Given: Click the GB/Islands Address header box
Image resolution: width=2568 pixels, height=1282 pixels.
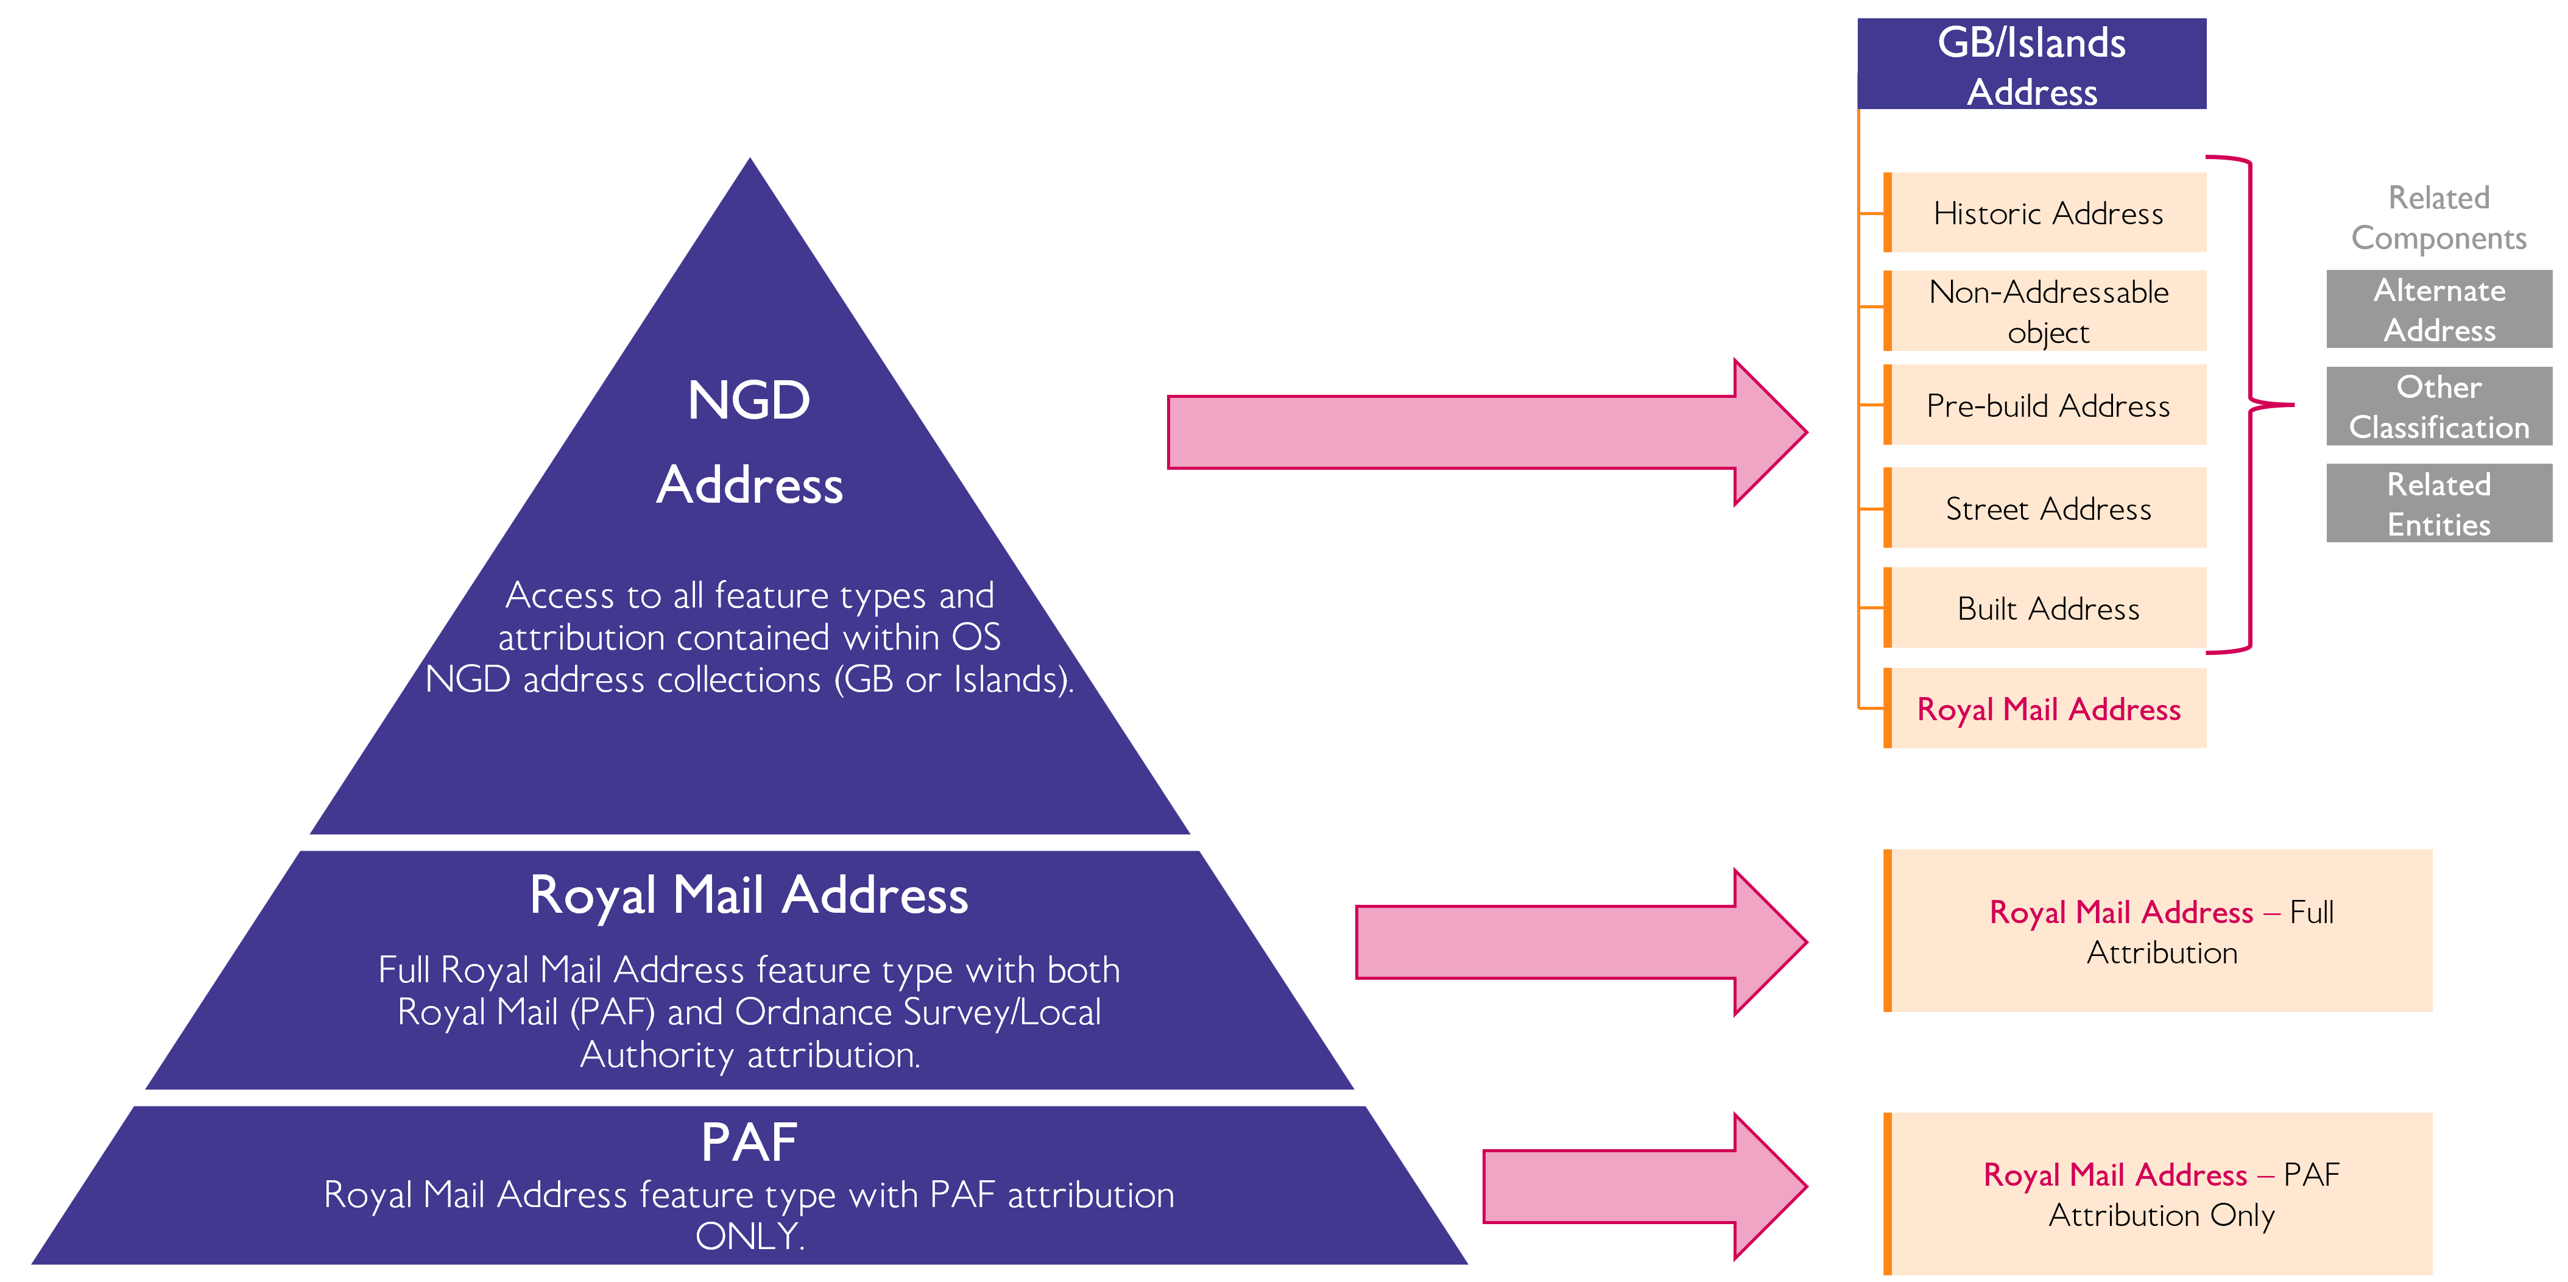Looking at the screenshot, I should tap(2031, 65).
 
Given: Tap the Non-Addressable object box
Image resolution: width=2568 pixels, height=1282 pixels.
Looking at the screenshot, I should tap(2047, 311).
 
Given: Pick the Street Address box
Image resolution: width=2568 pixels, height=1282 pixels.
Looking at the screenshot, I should tap(2047, 508).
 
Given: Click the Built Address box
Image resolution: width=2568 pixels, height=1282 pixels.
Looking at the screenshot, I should tap(2047, 608).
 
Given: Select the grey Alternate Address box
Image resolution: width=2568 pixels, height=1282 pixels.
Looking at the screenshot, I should tap(2438, 309).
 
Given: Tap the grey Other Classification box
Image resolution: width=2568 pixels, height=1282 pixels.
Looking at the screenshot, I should tap(2438, 406).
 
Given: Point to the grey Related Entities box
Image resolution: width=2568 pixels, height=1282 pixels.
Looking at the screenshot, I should tap(2438, 503).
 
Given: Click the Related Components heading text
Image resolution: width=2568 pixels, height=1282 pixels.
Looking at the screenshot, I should tap(2438, 218).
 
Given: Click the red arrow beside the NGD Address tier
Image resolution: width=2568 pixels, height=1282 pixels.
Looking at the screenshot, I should tap(1486, 431).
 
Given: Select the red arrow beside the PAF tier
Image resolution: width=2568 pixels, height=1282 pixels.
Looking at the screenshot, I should tap(1645, 1186).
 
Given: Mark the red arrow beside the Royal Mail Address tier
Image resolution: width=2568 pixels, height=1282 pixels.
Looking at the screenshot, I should tap(1580, 942).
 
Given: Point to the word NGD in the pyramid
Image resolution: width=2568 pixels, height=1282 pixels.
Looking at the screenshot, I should tap(749, 401).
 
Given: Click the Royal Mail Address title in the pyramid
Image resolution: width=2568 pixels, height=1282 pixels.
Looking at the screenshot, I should tap(749, 894).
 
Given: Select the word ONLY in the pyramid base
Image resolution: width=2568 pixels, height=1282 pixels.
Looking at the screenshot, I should tap(749, 1236).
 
